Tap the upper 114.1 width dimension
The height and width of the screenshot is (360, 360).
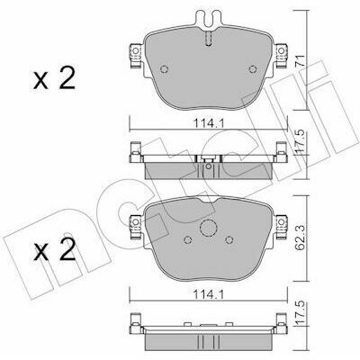[208, 123]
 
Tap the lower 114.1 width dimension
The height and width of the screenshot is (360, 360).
[208, 294]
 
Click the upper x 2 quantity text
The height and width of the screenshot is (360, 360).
[54, 78]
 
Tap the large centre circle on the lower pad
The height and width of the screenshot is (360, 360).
[208, 228]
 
